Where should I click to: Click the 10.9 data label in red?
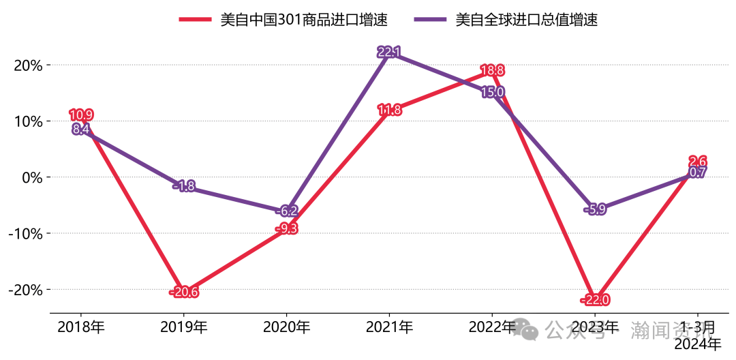[82, 115]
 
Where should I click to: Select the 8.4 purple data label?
[81, 130]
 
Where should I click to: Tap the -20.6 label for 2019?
[184, 292]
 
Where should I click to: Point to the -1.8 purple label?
[184, 186]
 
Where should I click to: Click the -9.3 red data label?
[287, 228]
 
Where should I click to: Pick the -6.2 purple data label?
[287, 211]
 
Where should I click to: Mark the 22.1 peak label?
[389, 52]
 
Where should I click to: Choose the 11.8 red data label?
[389, 110]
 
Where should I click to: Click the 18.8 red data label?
[492, 70]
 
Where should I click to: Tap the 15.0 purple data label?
[492, 92]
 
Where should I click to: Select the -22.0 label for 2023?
[595, 300]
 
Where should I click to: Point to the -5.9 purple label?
[595, 210]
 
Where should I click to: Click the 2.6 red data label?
[697, 162]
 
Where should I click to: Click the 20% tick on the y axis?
[28, 65]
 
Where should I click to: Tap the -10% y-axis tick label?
[25, 234]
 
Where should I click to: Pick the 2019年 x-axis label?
[184, 327]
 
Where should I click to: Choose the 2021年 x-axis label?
[389, 327]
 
